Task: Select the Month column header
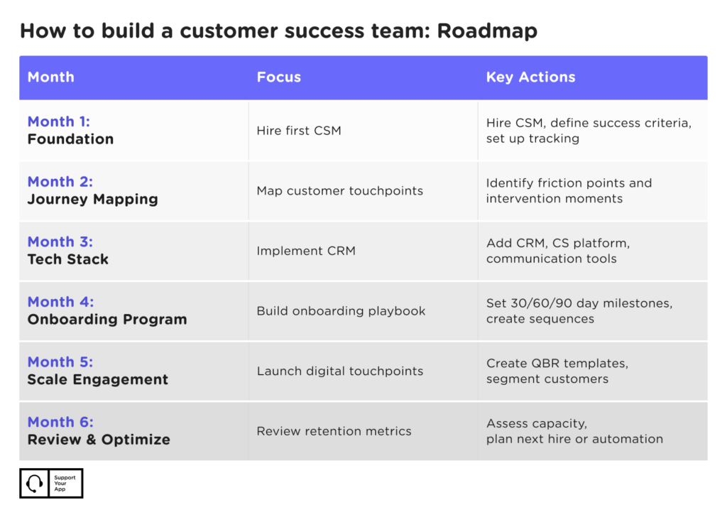(x=50, y=77)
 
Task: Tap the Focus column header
(x=278, y=77)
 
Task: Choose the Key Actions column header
(x=530, y=77)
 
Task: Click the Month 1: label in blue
(x=59, y=121)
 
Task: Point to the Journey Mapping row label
(x=92, y=199)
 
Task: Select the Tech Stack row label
(x=68, y=259)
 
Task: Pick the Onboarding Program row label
(x=107, y=319)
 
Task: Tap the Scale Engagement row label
(x=98, y=379)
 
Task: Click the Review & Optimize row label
(x=99, y=440)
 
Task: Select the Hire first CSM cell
(x=299, y=131)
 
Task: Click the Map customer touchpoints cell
(x=339, y=190)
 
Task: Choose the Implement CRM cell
(x=306, y=251)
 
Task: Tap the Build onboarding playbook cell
(x=341, y=311)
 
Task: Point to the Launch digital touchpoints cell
(x=339, y=371)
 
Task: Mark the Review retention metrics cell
(x=334, y=431)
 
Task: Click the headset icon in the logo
(x=33, y=483)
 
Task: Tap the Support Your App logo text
(x=65, y=484)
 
